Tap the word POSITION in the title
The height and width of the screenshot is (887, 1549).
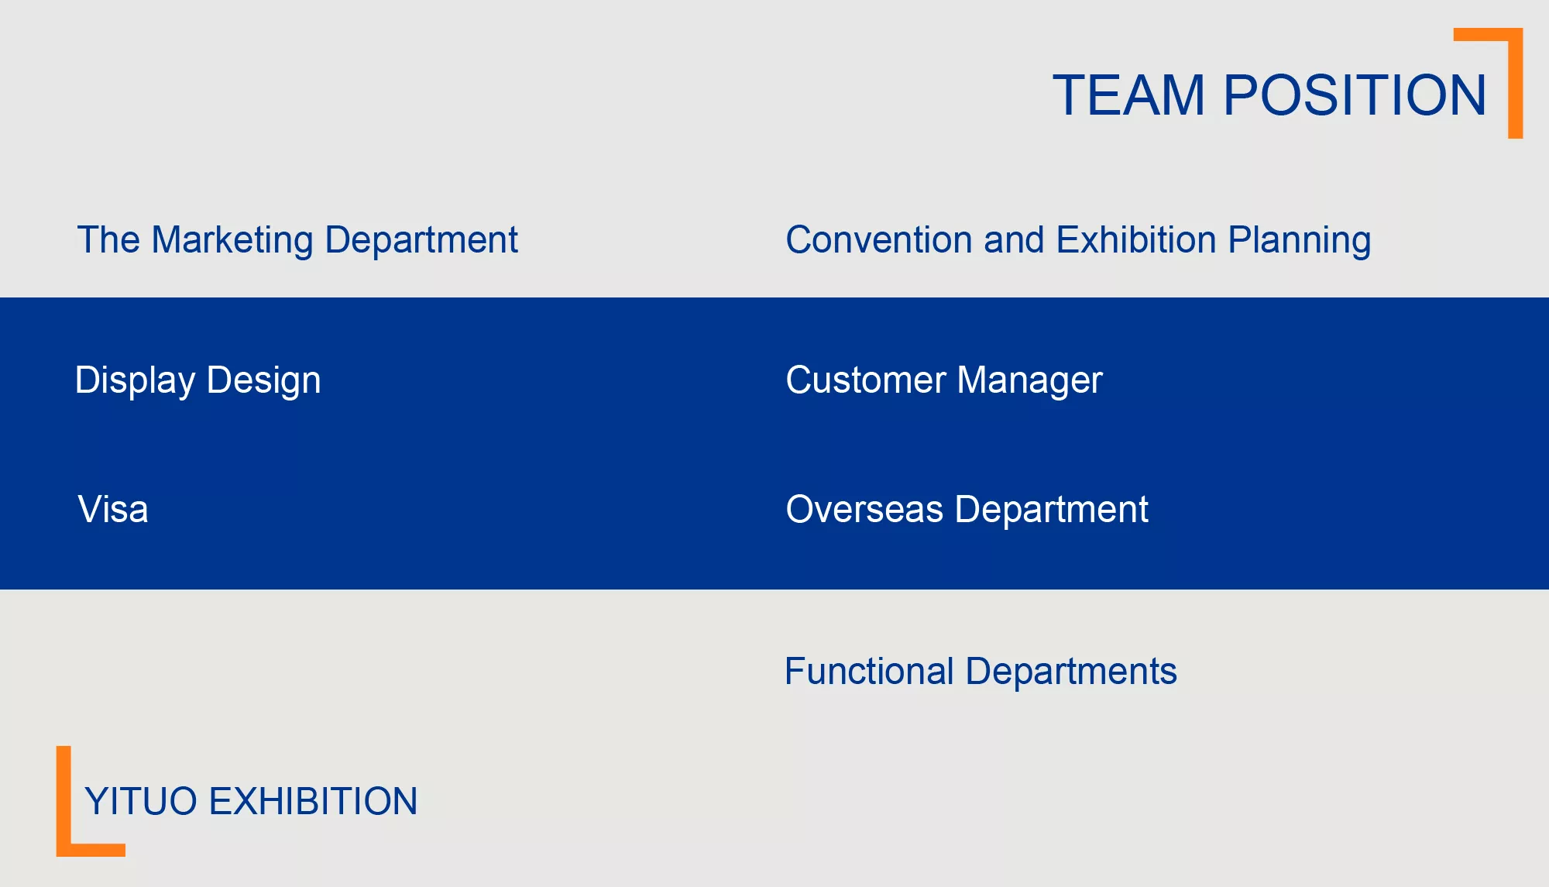click(1355, 95)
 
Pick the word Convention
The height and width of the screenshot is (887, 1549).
click(879, 240)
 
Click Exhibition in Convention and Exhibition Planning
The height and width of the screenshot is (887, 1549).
click(1136, 240)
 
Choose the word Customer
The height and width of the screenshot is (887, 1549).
click(866, 380)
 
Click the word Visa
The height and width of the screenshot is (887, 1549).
click(113, 510)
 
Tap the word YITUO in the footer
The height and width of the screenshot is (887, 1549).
click(141, 802)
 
